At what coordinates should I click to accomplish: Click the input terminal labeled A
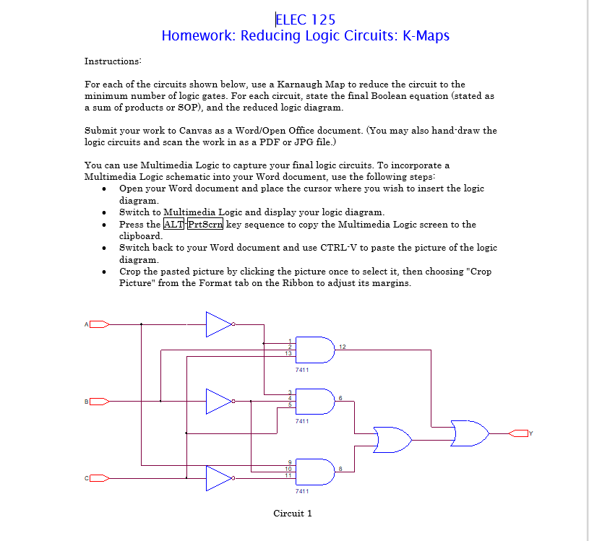[x=98, y=324]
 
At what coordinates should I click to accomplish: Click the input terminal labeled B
[x=98, y=401]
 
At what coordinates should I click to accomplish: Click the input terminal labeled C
[x=98, y=477]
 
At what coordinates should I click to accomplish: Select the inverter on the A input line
[x=219, y=324]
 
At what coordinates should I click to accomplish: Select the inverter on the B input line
[x=219, y=401]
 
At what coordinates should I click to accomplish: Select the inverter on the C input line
[x=219, y=477]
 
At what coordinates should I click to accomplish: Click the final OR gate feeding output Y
[x=469, y=433]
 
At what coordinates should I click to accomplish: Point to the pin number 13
[x=288, y=353]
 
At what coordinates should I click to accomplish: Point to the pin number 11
[x=288, y=476]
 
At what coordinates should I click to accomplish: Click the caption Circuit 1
[x=293, y=514]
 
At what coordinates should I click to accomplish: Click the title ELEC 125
[x=305, y=20]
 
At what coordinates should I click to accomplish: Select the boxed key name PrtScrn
[x=205, y=224]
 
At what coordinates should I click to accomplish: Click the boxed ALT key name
[x=173, y=224]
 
